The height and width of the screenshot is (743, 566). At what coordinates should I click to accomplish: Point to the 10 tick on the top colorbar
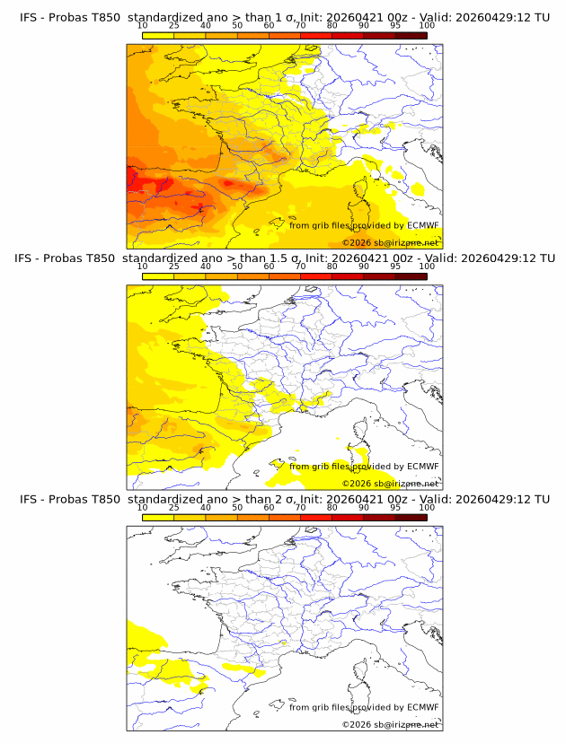point(142,26)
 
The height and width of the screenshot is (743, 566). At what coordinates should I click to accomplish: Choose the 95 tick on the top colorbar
point(395,26)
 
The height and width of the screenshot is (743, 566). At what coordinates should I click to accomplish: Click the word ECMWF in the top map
point(423,225)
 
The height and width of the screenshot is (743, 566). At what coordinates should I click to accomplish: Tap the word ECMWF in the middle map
point(423,467)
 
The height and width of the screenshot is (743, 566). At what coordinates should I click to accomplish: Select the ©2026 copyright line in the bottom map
point(391,725)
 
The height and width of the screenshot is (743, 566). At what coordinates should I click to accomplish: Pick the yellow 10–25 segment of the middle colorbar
point(158,276)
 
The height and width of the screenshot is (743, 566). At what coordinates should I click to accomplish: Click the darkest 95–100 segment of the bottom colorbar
point(411,518)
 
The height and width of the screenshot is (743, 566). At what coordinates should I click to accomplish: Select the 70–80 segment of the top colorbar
point(315,35)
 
